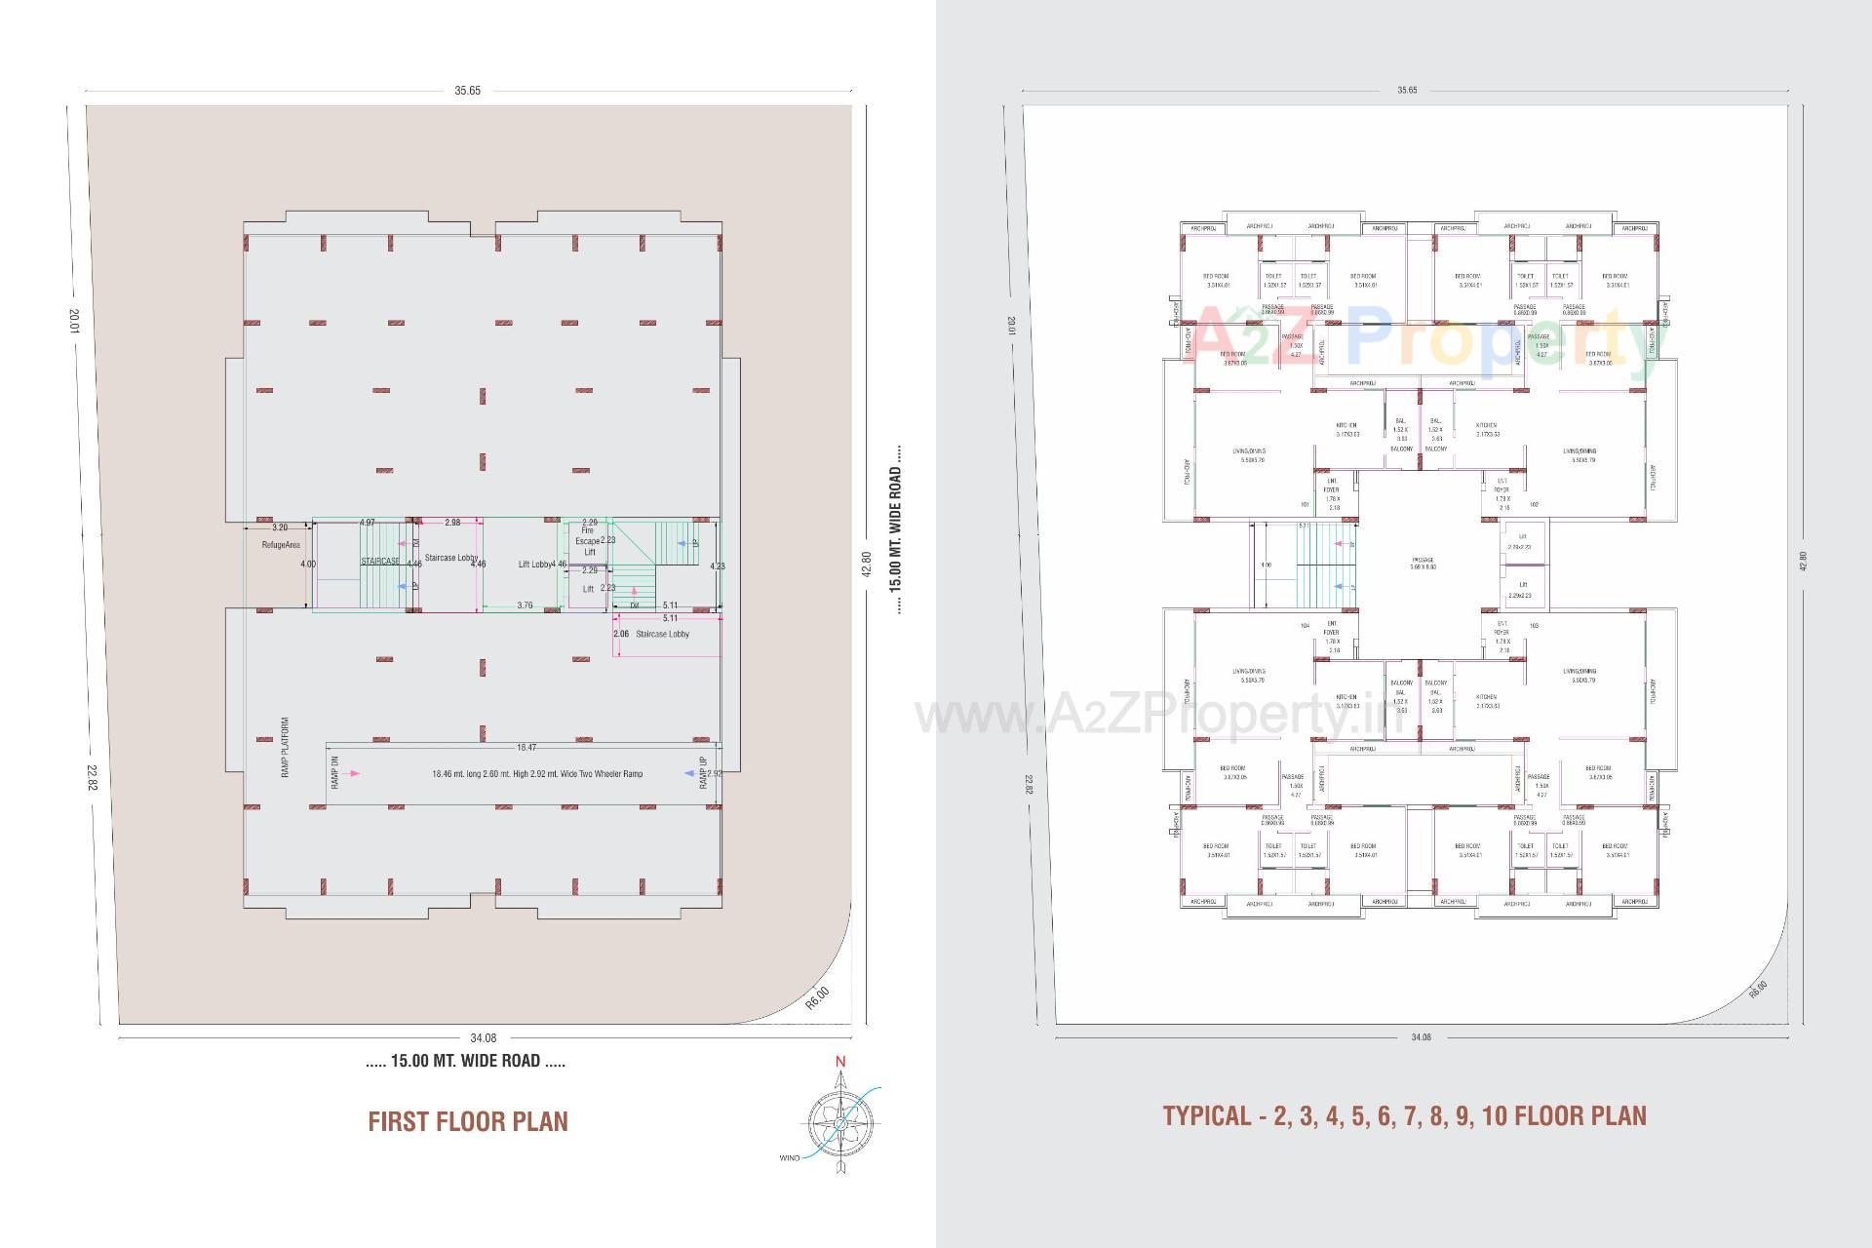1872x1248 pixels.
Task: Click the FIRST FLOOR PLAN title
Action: pyautogui.click(x=468, y=1121)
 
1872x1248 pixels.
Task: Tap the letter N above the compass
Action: pyautogui.click(x=840, y=1062)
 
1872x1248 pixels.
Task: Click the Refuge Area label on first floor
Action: pyautogui.click(x=280, y=545)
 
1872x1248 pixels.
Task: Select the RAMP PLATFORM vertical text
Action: pyautogui.click(x=286, y=748)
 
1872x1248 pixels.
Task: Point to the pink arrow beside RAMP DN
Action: pyautogui.click(x=354, y=773)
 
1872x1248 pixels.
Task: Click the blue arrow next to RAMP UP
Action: pyautogui.click(x=689, y=773)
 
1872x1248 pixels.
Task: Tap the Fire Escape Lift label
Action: pyautogui.click(x=588, y=541)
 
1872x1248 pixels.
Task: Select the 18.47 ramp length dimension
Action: pyautogui.click(x=526, y=748)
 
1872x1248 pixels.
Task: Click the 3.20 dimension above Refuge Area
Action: pyautogui.click(x=279, y=527)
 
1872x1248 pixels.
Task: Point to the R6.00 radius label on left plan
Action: pyautogui.click(x=817, y=997)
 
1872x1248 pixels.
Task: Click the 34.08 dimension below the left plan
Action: pyautogui.click(x=483, y=1038)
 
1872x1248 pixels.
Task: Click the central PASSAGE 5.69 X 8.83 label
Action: pyautogui.click(x=1423, y=564)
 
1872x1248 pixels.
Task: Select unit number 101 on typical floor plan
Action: pyautogui.click(x=1305, y=504)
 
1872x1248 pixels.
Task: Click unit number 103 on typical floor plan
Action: pyautogui.click(x=1534, y=625)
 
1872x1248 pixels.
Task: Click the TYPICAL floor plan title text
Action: pyautogui.click(x=1404, y=1115)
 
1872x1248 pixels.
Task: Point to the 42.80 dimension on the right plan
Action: pyautogui.click(x=1803, y=562)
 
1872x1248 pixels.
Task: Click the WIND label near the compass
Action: pyautogui.click(x=789, y=1158)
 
